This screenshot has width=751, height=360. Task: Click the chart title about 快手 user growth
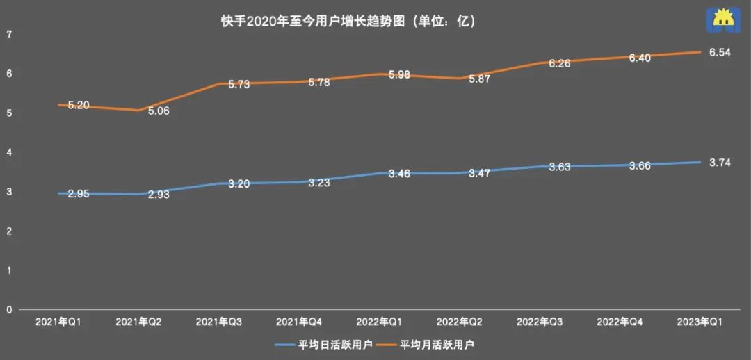[x=348, y=22]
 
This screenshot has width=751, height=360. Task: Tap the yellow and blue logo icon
[x=721, y=20]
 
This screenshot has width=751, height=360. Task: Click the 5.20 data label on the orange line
[x=79, y=106]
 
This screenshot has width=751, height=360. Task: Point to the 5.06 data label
[x=159, y=111]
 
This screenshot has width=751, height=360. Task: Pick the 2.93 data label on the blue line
[x=159, y=195]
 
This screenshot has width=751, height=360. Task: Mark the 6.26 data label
[x=560, y=63]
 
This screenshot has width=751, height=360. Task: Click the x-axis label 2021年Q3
[x=219, y=322]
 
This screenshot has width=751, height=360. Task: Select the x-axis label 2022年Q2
[x=460, y=322]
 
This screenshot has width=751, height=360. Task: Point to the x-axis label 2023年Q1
[x=700, y=322]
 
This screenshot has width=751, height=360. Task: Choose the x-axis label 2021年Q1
[x=58, y=322]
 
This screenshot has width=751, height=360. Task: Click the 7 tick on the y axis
[x=8, y=34]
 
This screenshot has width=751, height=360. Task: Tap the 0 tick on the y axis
[x=8, y=309]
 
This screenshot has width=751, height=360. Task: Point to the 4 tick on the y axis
[x=8, y=152]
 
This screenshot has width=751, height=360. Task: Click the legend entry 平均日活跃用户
[x=324, y=344]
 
